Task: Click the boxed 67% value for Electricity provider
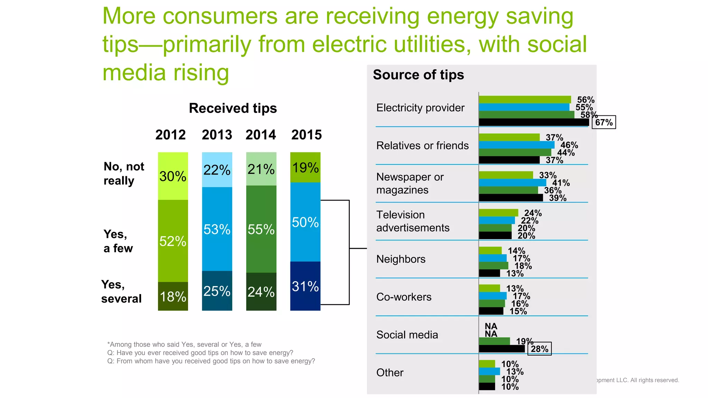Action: (x=604, y=122)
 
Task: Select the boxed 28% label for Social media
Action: (x=539, y=349)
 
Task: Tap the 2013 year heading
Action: (x=217, y=135)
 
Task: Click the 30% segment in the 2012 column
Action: (x=173, y=176)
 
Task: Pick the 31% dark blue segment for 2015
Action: (x=305, y=286)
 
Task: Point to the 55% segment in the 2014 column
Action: (x=261, y=229)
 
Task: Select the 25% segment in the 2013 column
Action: (x=217, y=291)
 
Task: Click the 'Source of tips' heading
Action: (x=418, y=75)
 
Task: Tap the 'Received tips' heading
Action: (x=233, y=108)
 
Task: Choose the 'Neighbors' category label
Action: (x=401, y=259)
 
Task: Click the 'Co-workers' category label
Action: (x=404, y=297)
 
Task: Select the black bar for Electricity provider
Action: (x=533, y=122)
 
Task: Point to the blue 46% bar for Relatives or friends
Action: (x=516, y=145)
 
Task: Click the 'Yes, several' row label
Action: (x=121, y=291)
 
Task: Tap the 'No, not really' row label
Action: (x=124, y=173)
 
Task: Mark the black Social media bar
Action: (x=501, y=349)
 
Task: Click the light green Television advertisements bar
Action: (x=498, y=213)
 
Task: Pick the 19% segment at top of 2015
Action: (x=305, y=167)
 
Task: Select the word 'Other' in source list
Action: (x=390, y=372)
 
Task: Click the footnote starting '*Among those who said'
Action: (x=184, y=344)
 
